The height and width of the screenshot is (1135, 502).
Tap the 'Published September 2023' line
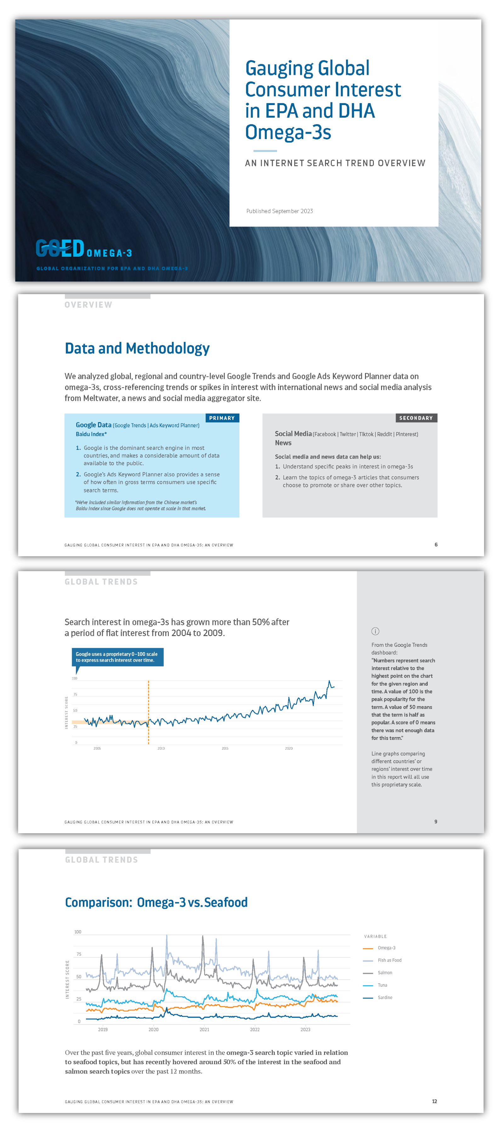(x=279, y=211)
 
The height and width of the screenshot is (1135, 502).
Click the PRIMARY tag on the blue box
(x=222, y=418)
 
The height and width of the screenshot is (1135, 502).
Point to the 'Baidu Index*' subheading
(x=91, y=434)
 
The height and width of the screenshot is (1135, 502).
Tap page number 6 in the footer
(x=436, y=545)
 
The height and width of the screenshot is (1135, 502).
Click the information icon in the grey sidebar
(x=375, y=631)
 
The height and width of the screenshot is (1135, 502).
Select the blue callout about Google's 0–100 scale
(x=117, y=657)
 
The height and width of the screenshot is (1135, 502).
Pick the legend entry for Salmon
(x=384, y=972)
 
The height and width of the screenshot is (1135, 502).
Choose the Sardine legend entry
(x=384, y=997)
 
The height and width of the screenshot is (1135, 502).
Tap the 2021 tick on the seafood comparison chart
(x=204, y=1029)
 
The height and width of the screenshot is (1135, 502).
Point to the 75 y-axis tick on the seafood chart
(x=79, y=954)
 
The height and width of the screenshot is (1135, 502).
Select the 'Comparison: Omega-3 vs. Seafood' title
(x=156, y=902)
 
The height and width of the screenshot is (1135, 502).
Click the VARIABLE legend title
(x=375, y=936)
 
